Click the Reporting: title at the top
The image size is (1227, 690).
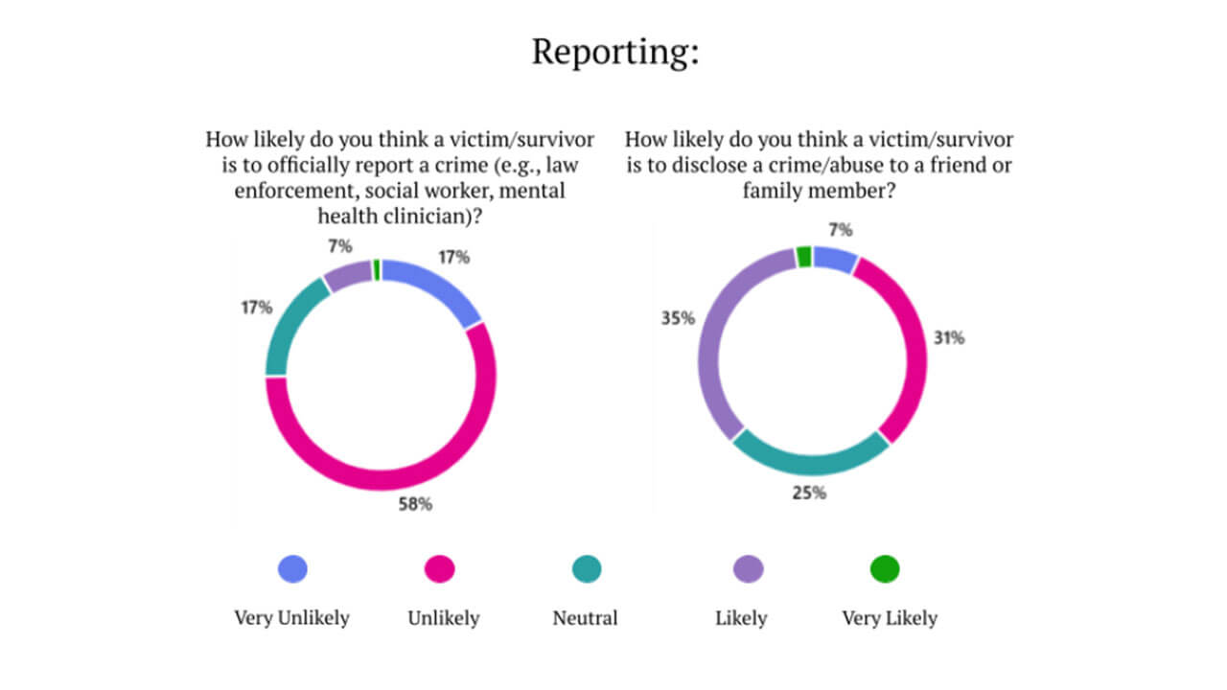tap(614, 52)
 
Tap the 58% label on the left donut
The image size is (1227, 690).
tap(415, 503)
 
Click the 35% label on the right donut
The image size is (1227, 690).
tap(677, 318)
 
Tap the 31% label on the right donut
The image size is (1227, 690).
tap(949, 338)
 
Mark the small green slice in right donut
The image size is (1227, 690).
tap(804, 257)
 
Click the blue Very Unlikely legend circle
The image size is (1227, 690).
tap(292, 569)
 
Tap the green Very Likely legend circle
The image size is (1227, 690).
tap(885, 569)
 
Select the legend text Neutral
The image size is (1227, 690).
tap(585, 618)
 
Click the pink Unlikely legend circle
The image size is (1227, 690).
tap(440, 569)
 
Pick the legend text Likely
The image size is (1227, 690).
tap(741, 618)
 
